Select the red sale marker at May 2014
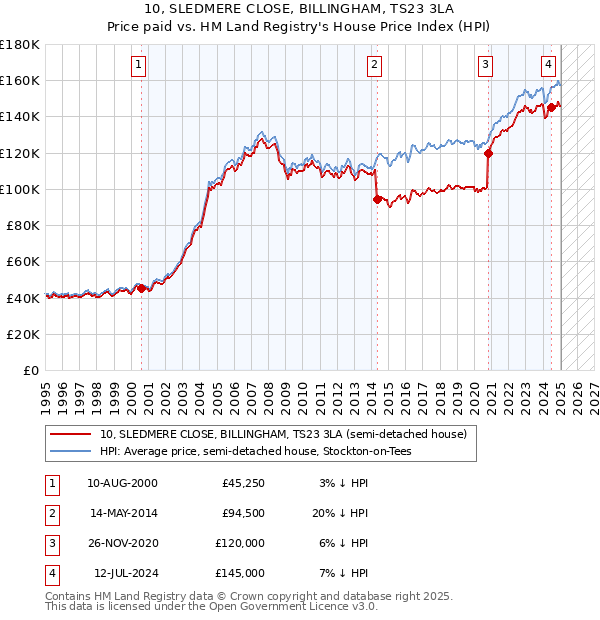377,199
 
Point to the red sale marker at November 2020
489,153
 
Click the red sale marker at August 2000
141,288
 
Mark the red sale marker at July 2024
551,108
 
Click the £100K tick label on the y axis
20,189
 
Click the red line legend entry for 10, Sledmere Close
283,434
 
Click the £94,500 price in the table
243,513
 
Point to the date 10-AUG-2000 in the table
122,483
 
